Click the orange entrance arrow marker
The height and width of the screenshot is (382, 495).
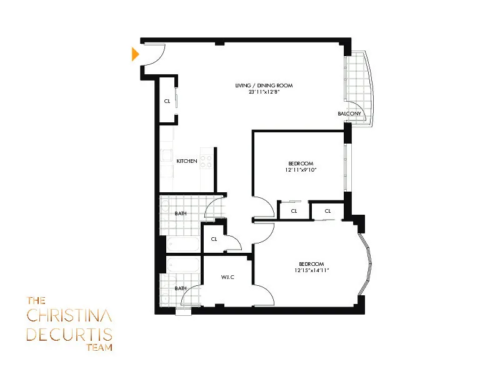pyautogui.click(x=135, y=55)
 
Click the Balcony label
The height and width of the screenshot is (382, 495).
pyautogui.click(x=349, y=114)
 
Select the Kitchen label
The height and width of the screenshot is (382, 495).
pyautogui.click(x=187, y=161)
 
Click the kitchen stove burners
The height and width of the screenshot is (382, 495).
pyautogui.click(x=206, y=162)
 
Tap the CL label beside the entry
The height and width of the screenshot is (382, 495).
pyautogui.click(x=167, y=101)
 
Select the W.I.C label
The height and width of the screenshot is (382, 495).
pyautogui.click(x=227, y=277)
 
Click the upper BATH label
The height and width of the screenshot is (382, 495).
pyautogui.click(x=181, y=213)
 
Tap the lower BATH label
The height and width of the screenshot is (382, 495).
pyautogui.click(x=181, y=288)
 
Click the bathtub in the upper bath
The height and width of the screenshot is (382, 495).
pyautogui.click(x=183, y=244)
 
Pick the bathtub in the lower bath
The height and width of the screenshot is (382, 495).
pyautogui.click(x=183, y=265)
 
